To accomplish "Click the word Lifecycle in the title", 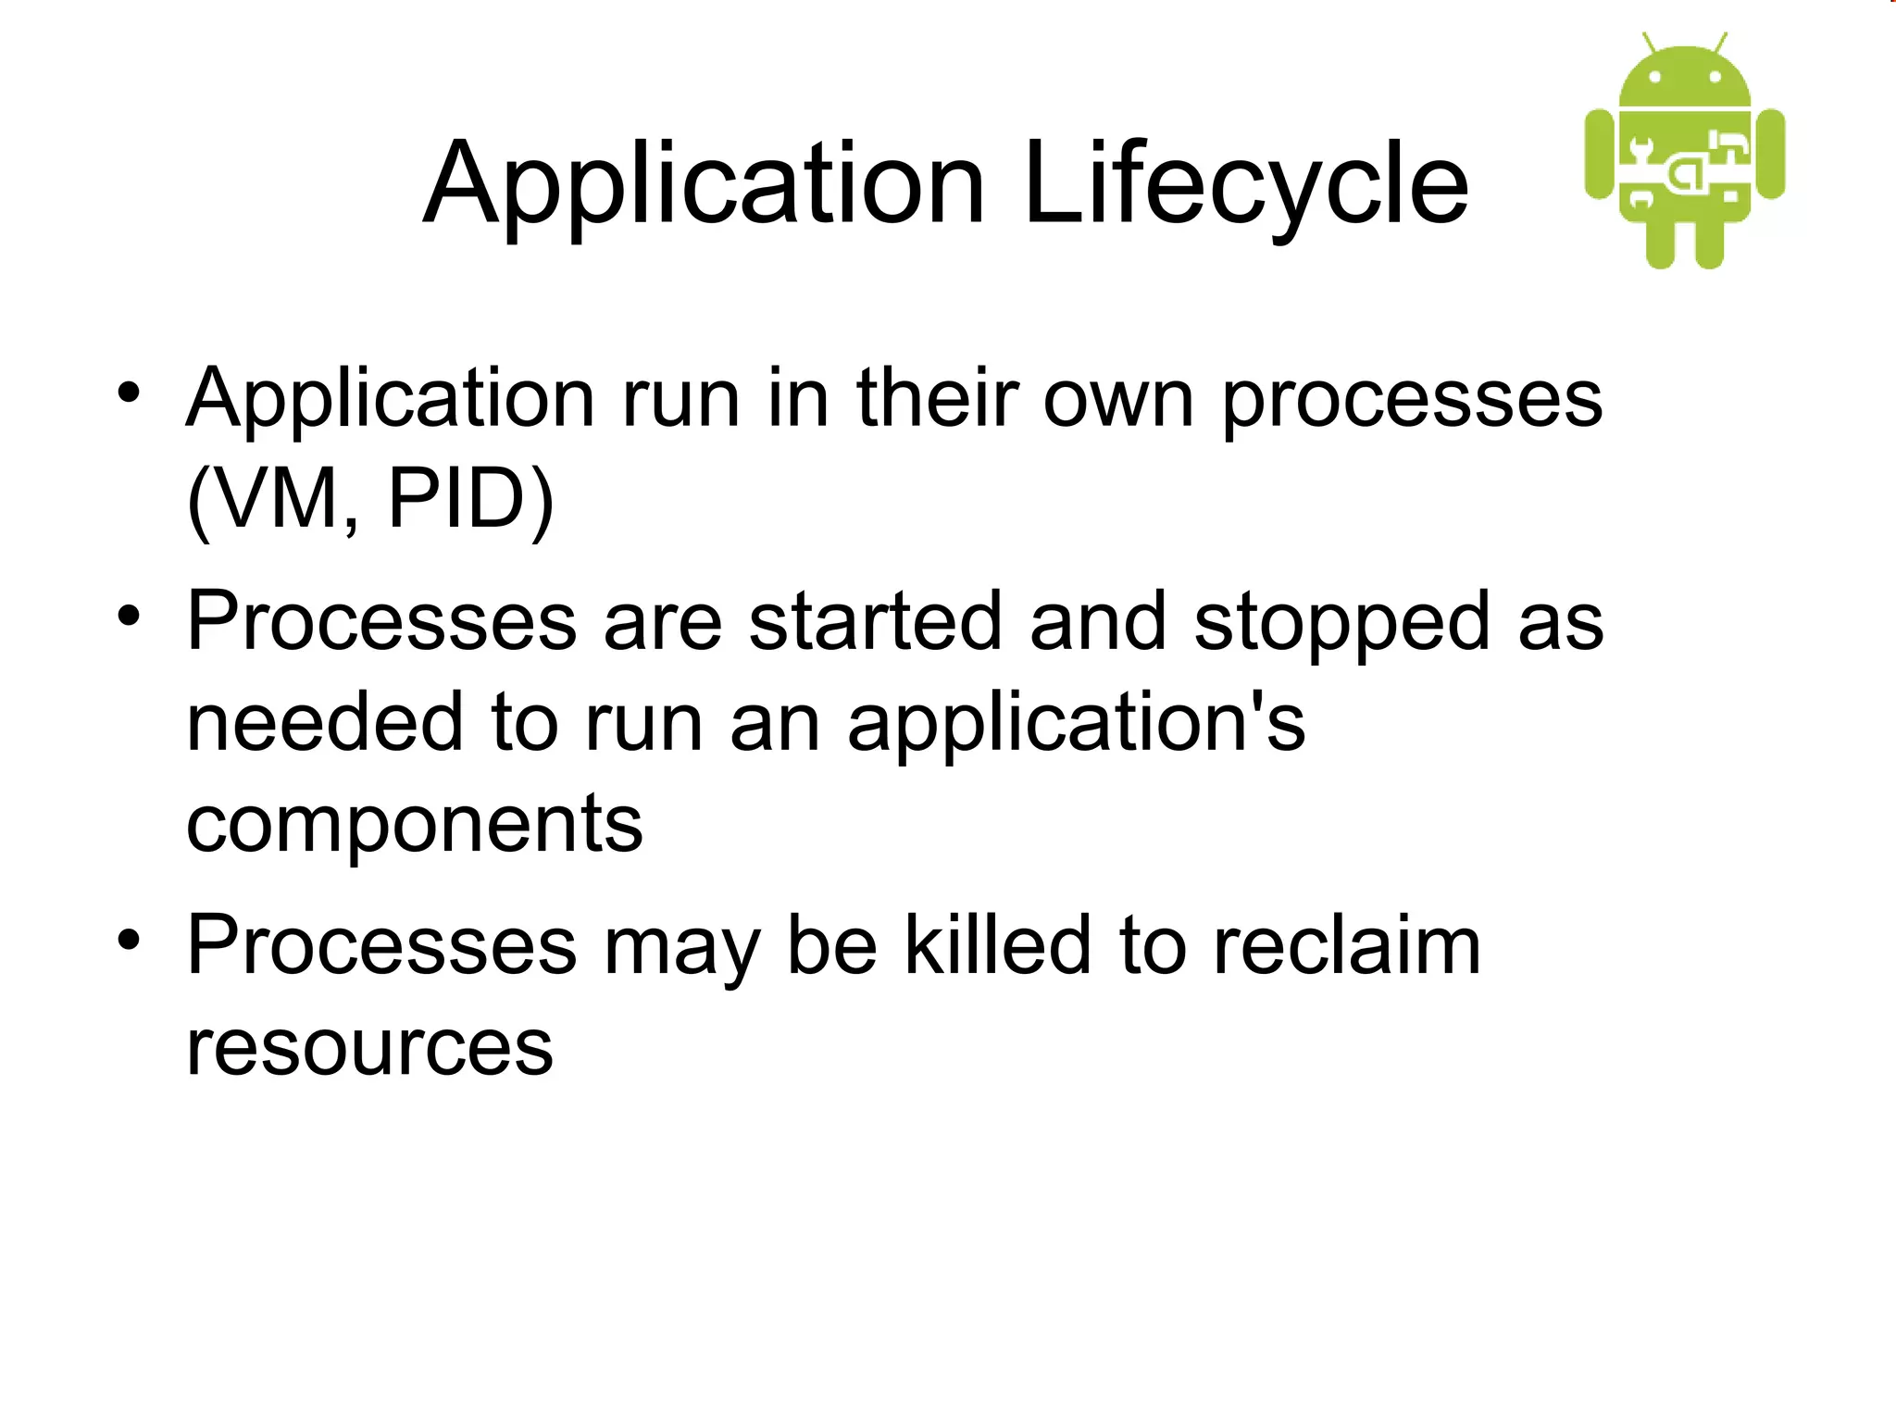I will [x=1245, y=185].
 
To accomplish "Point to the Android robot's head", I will [x=1685, y=79].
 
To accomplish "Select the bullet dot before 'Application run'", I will [x=129, y=393].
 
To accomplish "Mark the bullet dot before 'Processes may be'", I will [x=129, y=940].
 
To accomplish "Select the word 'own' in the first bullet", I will [x=1118, y=400].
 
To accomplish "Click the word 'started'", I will [x=875, y=622].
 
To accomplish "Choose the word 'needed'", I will [x=325, y=723].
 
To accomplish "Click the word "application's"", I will [x=1076, y=723].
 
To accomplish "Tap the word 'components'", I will [x=414, y=824].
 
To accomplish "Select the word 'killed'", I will [x=997, y=945].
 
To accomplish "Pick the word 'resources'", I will [x=369, y=1047].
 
